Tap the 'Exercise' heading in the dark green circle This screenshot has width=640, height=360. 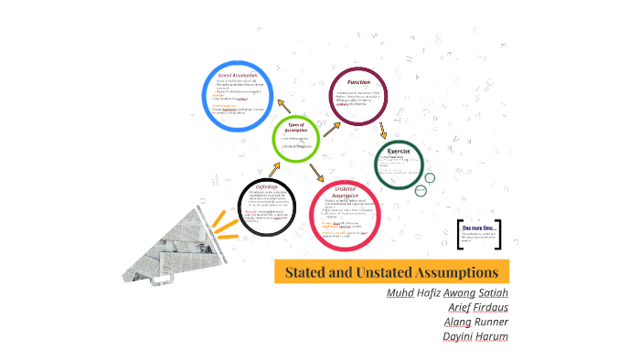pos(398,151)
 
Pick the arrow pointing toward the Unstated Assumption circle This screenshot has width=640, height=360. pos(316,172)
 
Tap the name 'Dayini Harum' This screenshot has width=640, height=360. pos(475,336)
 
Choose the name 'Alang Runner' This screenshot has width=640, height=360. pos(475,322)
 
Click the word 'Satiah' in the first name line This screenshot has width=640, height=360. pos(491,292)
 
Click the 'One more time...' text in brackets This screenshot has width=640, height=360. pos(481,227)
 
